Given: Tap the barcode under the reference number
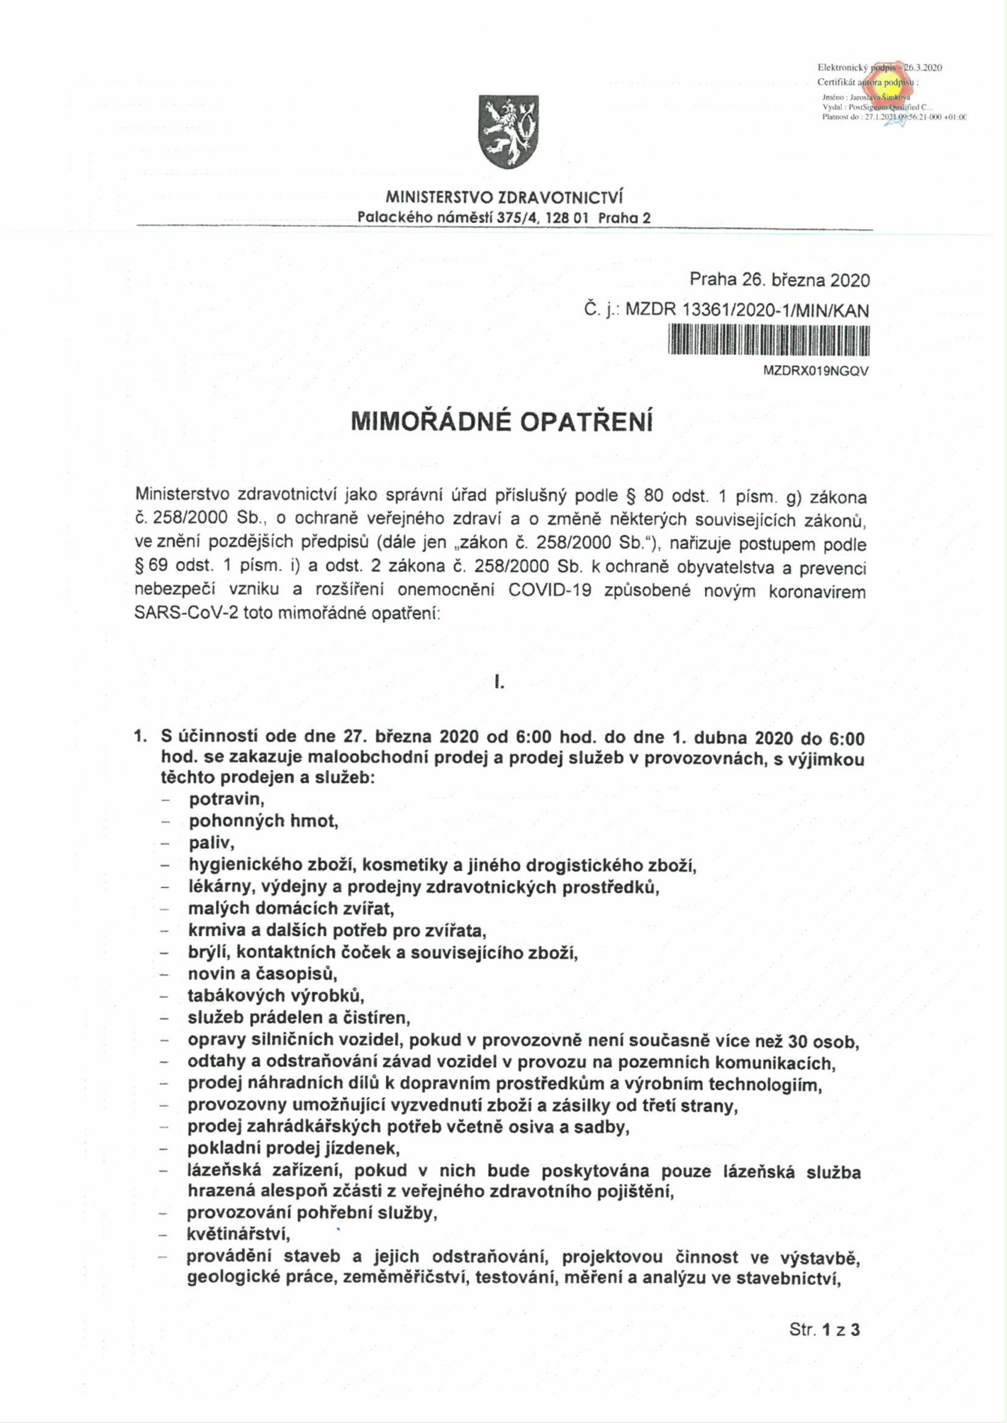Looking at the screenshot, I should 769,342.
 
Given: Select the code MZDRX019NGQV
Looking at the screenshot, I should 816,371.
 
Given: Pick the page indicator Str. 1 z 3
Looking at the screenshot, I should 824,1346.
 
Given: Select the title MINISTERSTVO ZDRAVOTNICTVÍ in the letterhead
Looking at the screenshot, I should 504,198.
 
